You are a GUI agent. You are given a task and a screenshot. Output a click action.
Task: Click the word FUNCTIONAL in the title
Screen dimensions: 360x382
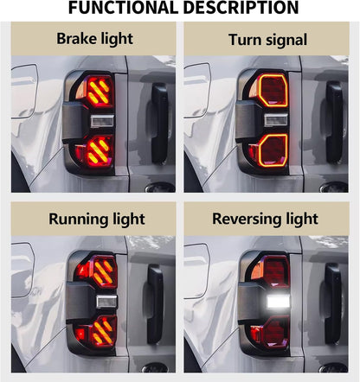123,8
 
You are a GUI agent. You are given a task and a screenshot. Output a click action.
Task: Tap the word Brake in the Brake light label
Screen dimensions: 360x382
74,38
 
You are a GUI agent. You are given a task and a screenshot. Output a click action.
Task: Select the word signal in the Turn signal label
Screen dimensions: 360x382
286,41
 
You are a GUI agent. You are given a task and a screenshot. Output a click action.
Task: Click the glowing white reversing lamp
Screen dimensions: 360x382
278,302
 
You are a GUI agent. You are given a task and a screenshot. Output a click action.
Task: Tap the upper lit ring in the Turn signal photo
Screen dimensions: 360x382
260,91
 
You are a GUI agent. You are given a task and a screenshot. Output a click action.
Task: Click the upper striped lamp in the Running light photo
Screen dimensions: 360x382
104,271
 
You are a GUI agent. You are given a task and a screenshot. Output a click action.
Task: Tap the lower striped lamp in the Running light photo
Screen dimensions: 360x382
103,331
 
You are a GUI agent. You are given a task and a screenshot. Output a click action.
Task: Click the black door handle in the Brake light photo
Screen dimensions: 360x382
159,123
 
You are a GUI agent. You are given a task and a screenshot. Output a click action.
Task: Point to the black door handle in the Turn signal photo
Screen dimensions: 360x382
334,123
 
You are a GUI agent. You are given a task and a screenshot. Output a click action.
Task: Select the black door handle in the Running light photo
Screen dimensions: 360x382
155,304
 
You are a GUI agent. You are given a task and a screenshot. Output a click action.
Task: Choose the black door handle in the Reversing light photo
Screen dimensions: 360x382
332,303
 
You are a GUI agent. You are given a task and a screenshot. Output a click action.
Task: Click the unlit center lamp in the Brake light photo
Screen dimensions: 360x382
102,121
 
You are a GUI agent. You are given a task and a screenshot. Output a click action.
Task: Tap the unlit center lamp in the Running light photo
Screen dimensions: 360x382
106,302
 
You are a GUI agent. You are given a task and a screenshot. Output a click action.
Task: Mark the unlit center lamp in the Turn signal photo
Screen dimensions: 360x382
276,119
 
